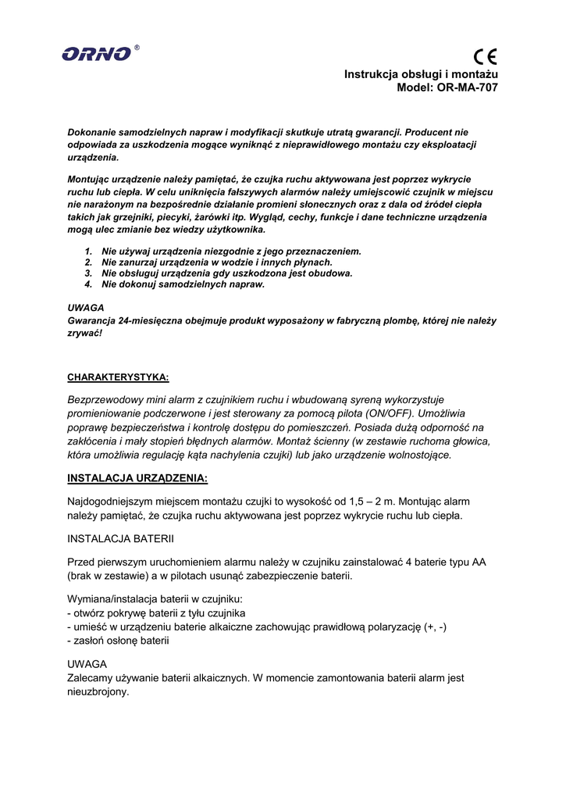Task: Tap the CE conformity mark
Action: (485, 56)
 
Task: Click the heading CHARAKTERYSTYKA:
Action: (118, 377)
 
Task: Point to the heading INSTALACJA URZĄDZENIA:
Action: (137, 478)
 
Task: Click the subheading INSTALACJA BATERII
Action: (120, 539)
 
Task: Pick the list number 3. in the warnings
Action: (88, 273)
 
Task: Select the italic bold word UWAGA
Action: (86, 308)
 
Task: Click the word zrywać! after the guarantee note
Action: (84, 333)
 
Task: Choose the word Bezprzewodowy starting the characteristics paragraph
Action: (105, 399)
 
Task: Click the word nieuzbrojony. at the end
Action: (98, 692)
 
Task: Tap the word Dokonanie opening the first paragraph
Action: (92, 133)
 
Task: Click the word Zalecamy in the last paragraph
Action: (91, 678)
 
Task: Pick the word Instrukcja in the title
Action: (371, 73)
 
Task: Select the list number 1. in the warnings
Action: (88, 252)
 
